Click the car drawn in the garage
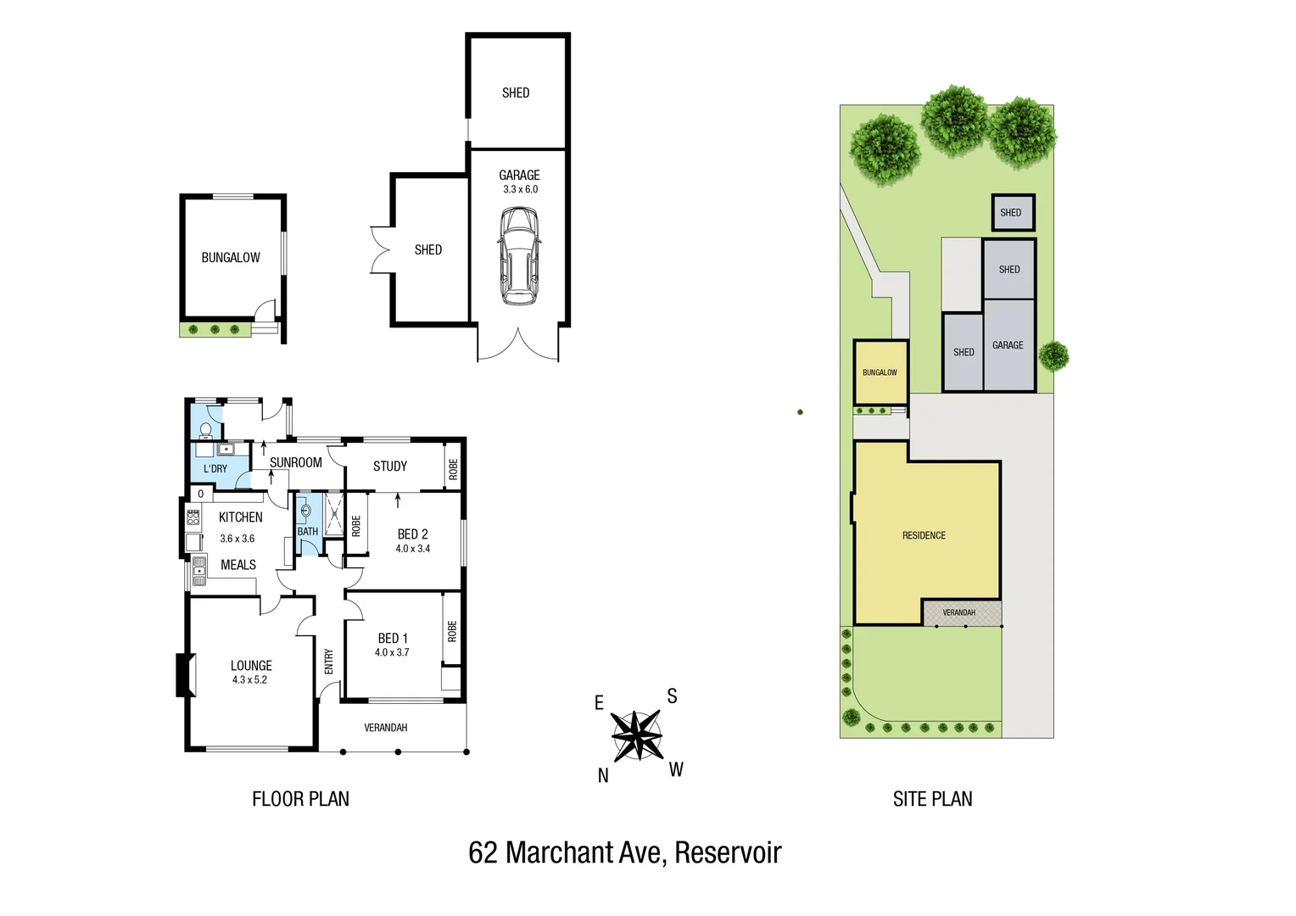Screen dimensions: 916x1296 click(519, 256)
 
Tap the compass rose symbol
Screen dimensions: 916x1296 click(636, 734)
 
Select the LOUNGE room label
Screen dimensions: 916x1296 click(251, 666)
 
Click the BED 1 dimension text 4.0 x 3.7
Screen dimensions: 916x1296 click(392, 652)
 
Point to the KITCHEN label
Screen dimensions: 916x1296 click(240, 517)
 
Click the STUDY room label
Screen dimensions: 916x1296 click(390, 466)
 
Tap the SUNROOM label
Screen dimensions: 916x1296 click(295, 462)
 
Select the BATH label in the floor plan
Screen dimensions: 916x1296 click(307, 532)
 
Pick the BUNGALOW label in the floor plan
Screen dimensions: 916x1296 click(231, 258)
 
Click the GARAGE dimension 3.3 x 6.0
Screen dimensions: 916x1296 click(520, 189)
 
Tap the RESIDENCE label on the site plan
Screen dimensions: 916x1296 click(924, 535)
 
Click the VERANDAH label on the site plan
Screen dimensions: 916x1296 click(958, 612)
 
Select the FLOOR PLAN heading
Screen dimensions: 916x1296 click(300, 799)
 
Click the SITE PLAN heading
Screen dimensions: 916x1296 click(932, 799)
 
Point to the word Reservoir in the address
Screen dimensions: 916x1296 click(728, 852)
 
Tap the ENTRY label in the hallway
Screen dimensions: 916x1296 click(328, 662)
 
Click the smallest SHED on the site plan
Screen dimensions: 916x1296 click(1013, 213)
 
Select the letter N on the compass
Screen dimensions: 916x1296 click(603, 775)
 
